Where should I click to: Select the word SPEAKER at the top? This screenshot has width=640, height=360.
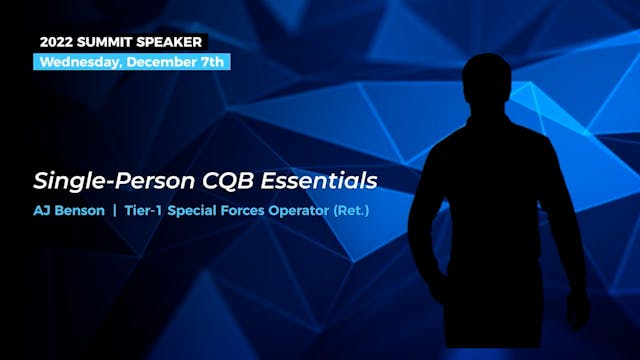click(x=173, y=43)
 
